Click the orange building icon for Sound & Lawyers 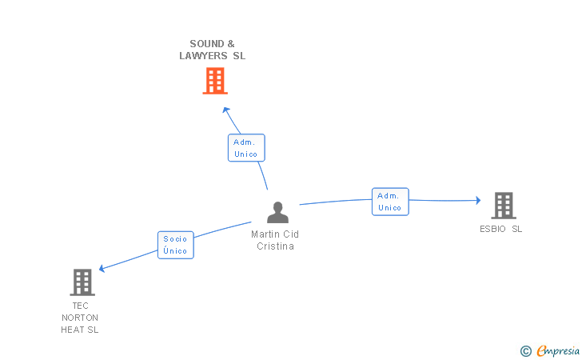pos(214,81)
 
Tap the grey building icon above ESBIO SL pos(503,206)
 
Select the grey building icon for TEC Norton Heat pos(82,282)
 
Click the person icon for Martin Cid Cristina pos(277,212)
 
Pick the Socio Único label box pos(175,245)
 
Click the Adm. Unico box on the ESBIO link pos(389,202)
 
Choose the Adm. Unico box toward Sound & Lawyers pos(245,148)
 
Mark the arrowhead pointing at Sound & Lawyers pos(226,110)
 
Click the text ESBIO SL pos(501,229)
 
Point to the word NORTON pos(80,318)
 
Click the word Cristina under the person pos(276,246)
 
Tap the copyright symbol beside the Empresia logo pos(525,350)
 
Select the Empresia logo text pos(558,350)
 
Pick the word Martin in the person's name pos(265,234)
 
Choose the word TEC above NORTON pos(80,306)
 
